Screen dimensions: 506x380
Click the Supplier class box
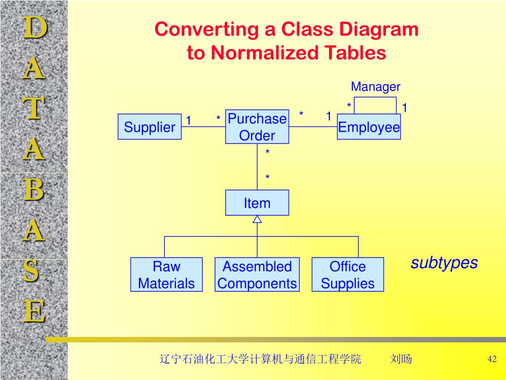(x=149, y=127)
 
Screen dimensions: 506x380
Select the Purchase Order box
(x=257, y=127)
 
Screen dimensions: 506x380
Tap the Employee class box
(x=369, y=127)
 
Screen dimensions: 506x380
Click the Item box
(x=257, y=203)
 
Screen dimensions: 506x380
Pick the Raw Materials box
(x=167, y=275)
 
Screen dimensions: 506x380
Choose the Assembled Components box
(x=257, y=275)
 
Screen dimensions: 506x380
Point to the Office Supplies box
(x=347, y=275)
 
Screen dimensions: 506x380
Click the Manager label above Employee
(x=376, y=87)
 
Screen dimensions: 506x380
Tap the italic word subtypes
(x=444, y=263)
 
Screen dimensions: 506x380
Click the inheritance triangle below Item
(x=257, y=219)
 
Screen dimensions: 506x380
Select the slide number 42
(x=492, y=359)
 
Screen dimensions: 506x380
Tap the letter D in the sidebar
(x=34, y=28)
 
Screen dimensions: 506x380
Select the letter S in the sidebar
(x=33, y=272)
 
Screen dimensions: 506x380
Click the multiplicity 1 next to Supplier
(x=188, y=120)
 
